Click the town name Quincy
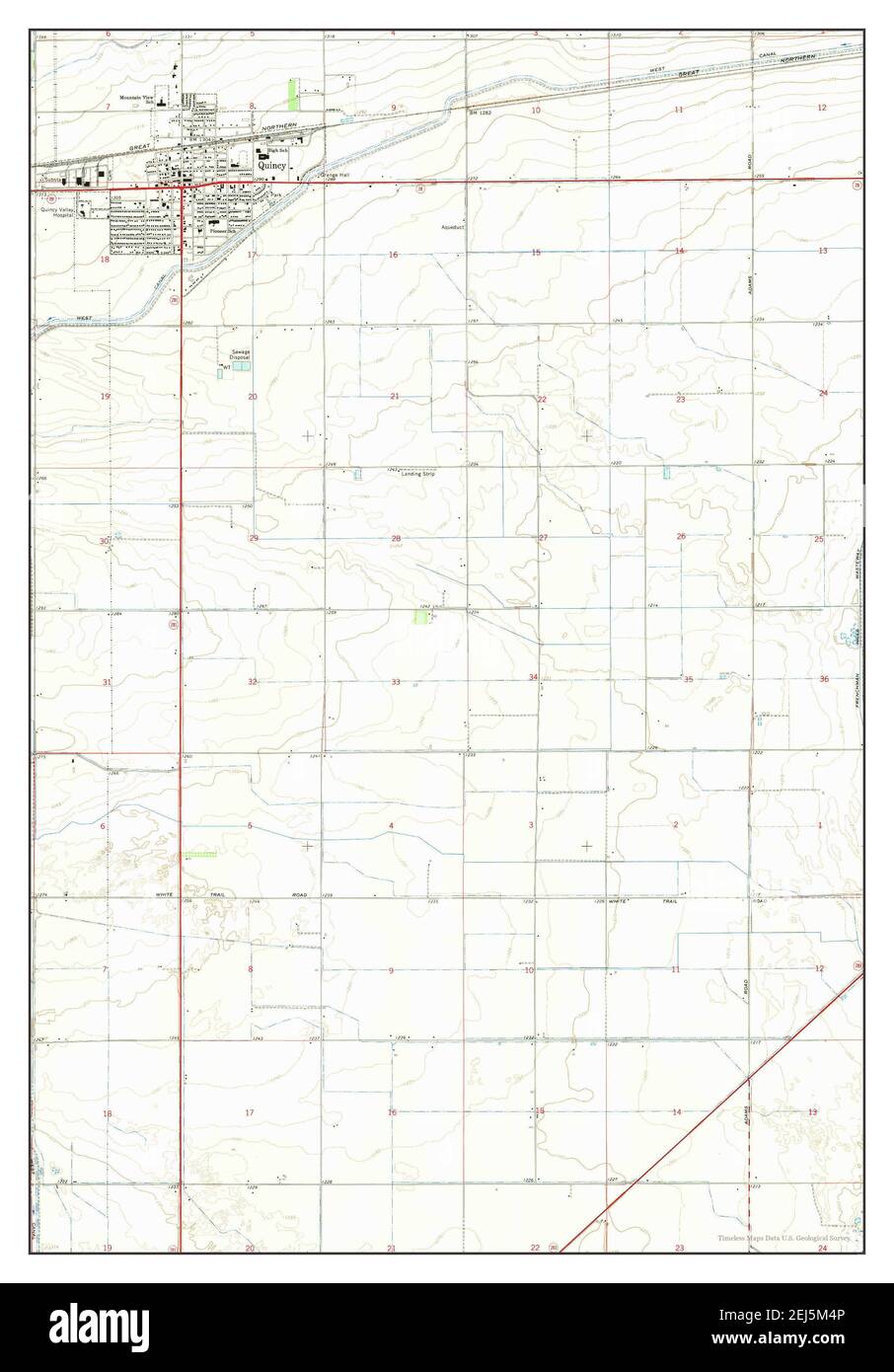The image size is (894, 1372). click(271, 166)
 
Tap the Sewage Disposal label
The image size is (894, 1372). click(242, 353)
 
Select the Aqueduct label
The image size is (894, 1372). click(452, 226)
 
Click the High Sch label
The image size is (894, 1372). click(264, 151)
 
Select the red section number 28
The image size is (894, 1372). click(396, 539)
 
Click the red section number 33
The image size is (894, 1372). click(396, 682)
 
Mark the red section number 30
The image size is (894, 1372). click(104, 541)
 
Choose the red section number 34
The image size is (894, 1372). click(533, 677)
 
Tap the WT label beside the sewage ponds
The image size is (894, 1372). click(226, 366)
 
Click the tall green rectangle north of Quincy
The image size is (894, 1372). click(292, 93)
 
